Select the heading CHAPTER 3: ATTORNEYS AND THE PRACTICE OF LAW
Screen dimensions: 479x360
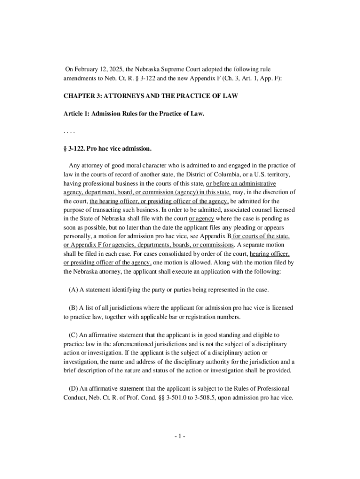151,96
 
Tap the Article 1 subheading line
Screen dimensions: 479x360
134,114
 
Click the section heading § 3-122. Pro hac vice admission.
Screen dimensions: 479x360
108,149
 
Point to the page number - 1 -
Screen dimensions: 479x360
180,436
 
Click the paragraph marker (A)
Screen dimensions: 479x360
73,290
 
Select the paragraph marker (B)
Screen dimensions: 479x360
73,308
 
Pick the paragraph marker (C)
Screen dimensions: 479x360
73,335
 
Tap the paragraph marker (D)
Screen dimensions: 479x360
73,388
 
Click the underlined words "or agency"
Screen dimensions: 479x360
202,218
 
